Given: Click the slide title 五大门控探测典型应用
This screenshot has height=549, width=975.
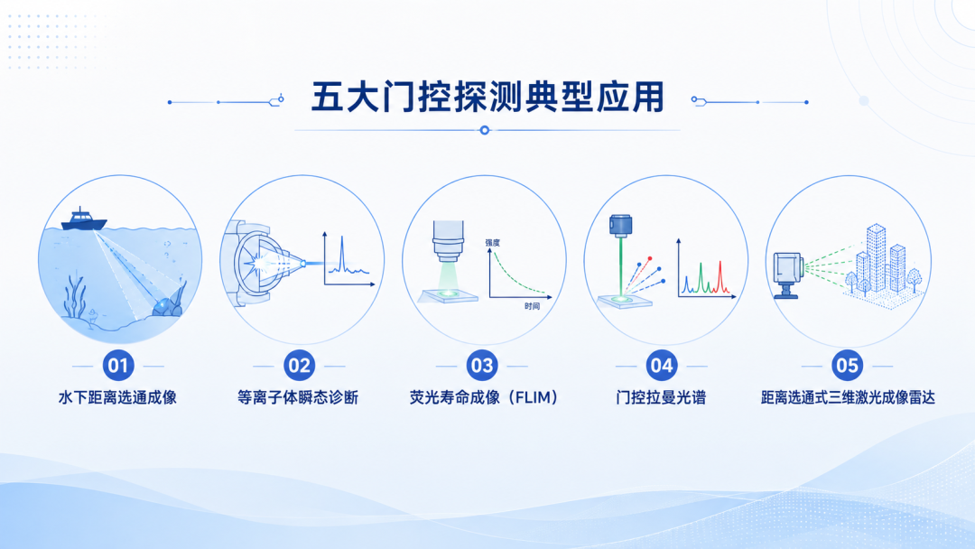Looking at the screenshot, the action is point(487,97).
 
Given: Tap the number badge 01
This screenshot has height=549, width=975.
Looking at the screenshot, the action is point(118,366).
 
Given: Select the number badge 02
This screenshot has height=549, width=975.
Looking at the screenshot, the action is point(299,366).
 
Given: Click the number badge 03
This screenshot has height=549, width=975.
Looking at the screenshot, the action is point(482,366).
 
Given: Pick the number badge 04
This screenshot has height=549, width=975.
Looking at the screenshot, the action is point(661,366).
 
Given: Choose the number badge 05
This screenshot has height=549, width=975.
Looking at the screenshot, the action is point(847,366).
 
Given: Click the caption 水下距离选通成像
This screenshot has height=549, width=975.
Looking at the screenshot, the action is point(117,397).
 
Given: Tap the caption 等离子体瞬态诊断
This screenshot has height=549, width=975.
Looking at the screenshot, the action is point(298,397).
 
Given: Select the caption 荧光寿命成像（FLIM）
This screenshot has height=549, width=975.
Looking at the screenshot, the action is point(484,397).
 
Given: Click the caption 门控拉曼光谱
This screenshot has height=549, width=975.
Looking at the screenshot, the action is point(661,397).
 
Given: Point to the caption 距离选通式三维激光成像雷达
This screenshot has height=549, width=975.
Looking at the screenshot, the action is point(848,397).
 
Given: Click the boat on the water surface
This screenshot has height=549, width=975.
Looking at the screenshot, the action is point(84,219).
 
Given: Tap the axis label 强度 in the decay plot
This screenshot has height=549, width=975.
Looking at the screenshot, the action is point(493,243).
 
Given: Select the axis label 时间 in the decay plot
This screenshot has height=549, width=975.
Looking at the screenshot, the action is point(532,306).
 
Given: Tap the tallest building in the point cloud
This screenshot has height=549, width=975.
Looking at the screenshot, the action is point(876,257).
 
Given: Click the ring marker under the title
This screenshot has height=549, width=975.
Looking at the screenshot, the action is point(485,130).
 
